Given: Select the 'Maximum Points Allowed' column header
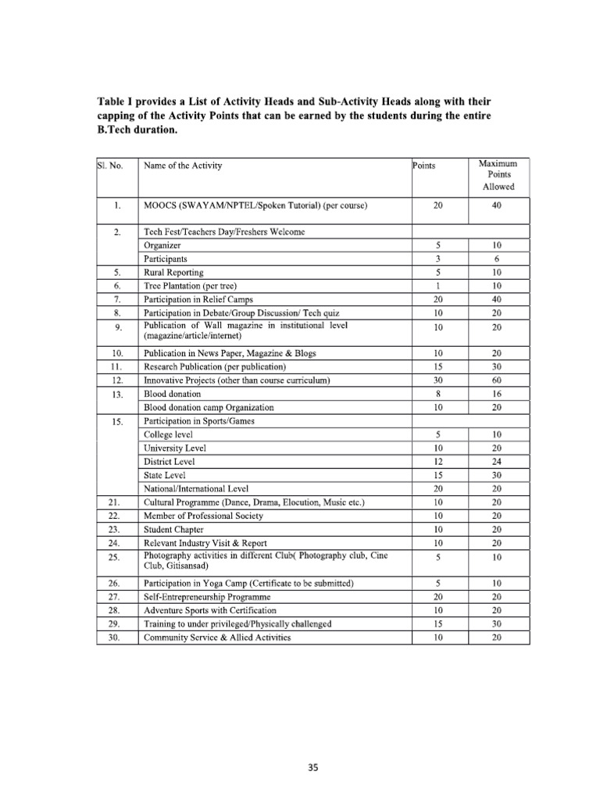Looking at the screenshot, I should click(x=497, y=176).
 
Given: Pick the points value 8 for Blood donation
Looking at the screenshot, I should click(x=438, y=394).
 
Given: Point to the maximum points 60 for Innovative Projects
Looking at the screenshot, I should click(x=497, y=380).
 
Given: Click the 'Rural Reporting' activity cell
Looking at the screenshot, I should click(x=173, y=273).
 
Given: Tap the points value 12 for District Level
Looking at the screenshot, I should click(x=438, y=461).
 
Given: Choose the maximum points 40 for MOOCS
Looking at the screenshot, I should click(x=497, y=206).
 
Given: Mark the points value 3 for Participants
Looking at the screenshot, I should click(x=438, y=259).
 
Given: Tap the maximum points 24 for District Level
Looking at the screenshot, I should click(x=497, y=461).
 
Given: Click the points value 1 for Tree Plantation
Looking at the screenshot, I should click(x=438, y=286).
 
